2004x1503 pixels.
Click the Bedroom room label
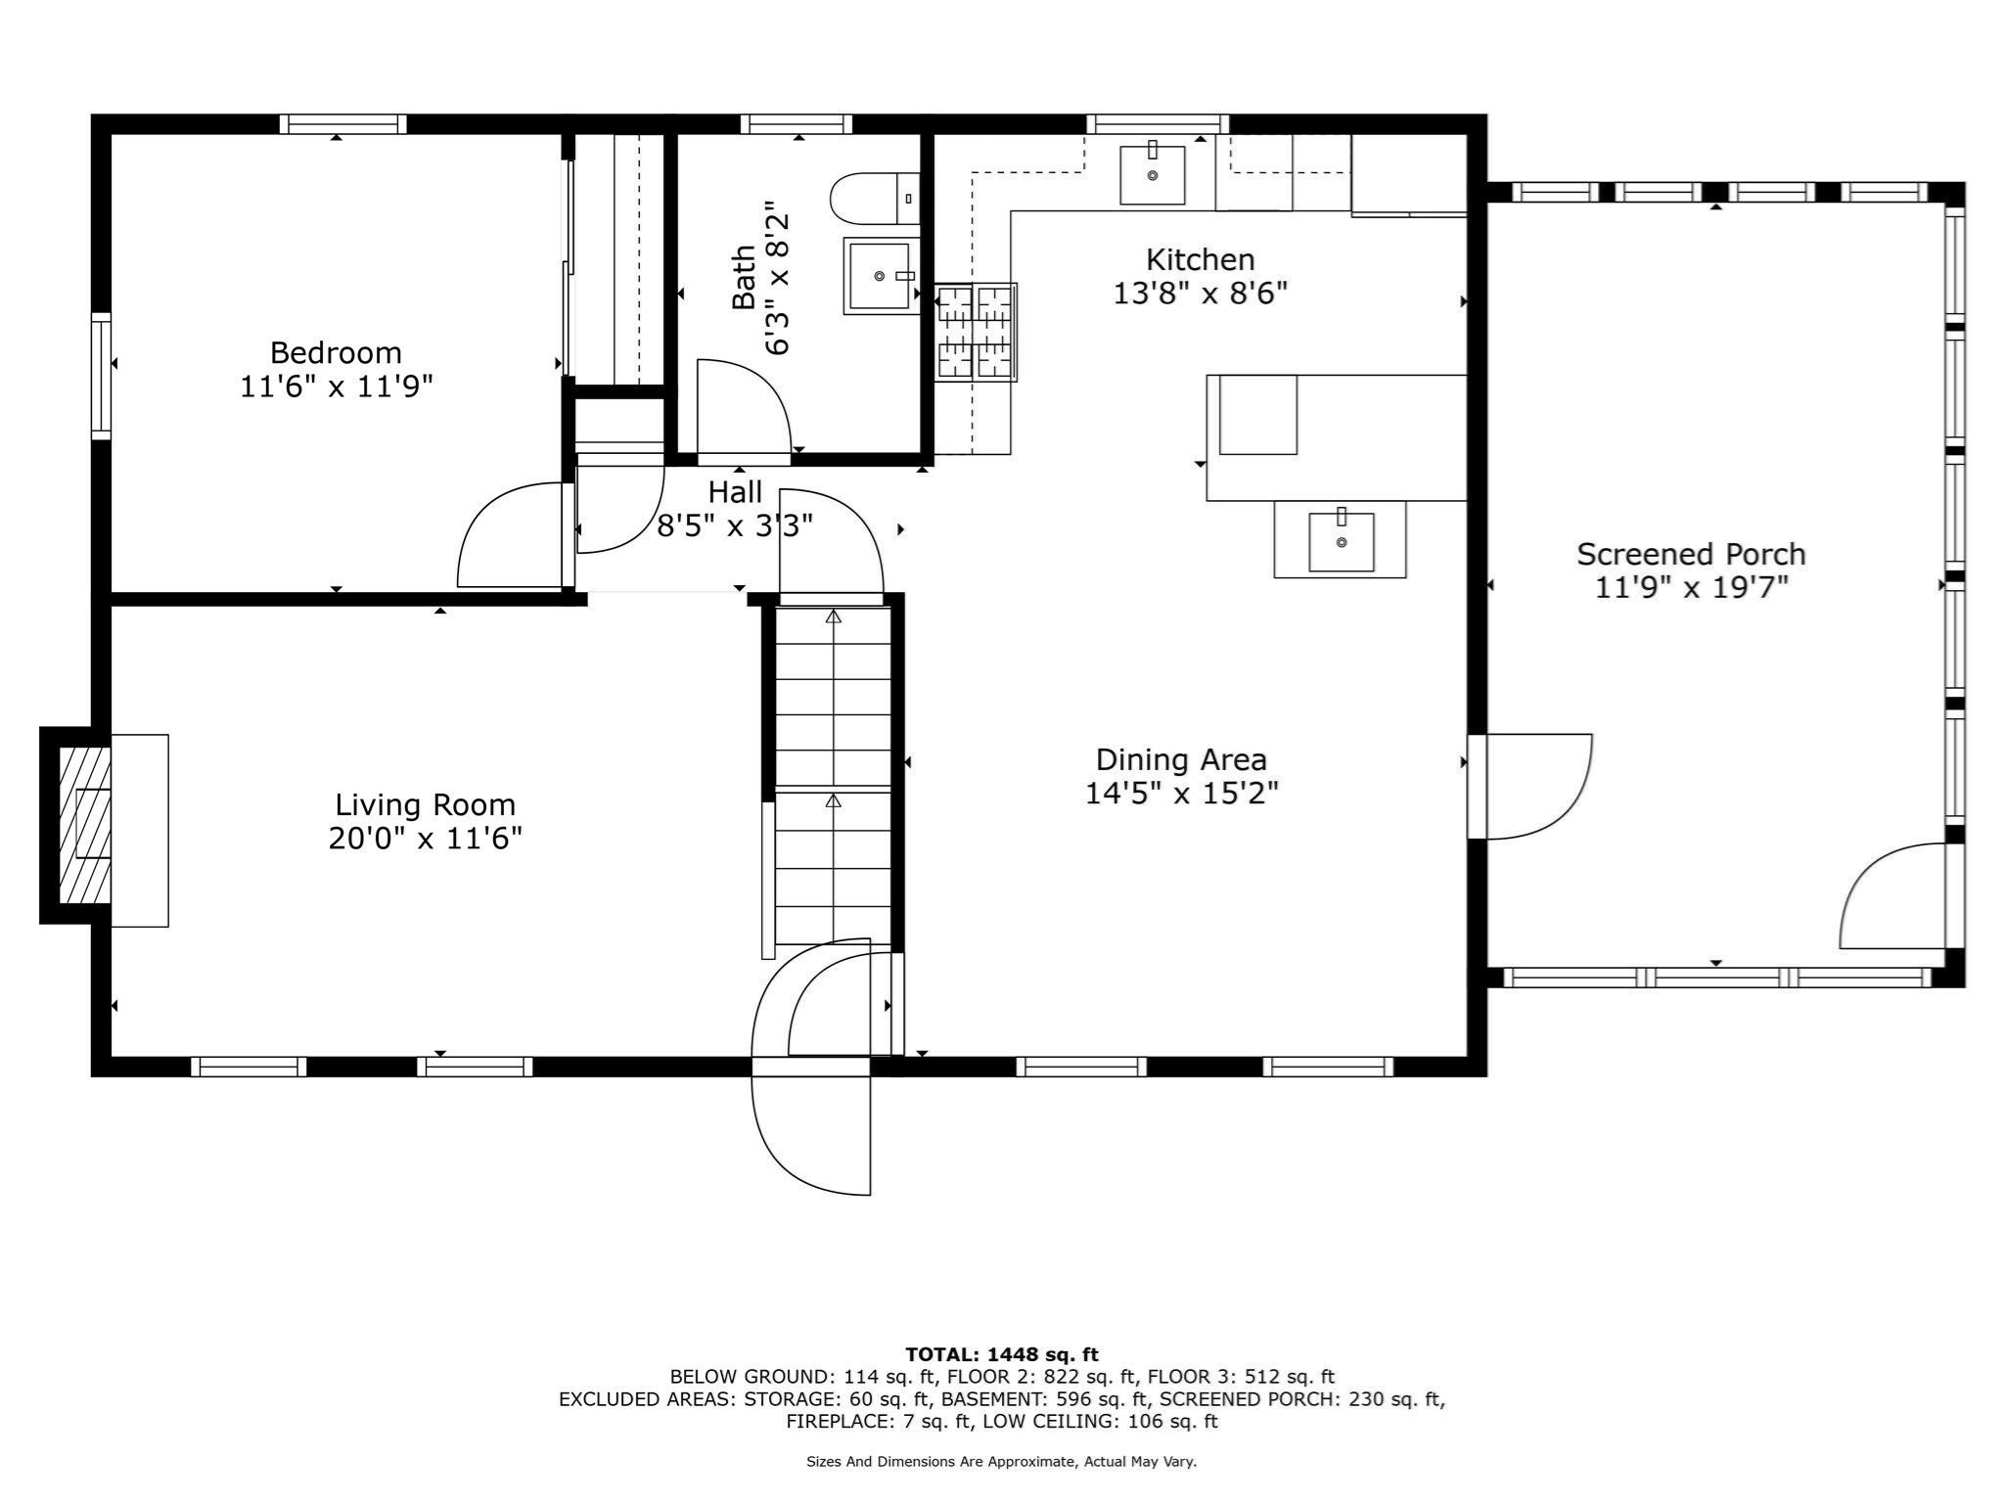(336, 352)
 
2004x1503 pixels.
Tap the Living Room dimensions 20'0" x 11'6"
(425, 839)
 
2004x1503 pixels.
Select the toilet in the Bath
(874, 199)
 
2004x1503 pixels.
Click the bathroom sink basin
(879, 276)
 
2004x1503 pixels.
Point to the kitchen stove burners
(976, 332)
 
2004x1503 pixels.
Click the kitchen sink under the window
(1152, 175)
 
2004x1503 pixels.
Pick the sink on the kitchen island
(1341, 542)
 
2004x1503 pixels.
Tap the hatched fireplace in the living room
(85, 826)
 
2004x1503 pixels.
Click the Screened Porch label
(1690, 554)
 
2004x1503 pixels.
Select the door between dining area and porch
(1531, 786)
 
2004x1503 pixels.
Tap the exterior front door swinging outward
(811, 1135)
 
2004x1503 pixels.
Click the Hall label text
(735, 491)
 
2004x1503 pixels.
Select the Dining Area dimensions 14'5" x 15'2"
(1181, 793)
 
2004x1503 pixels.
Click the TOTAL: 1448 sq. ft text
(1001, 1354)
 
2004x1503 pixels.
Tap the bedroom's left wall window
(101, 375)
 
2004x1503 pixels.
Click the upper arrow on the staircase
(833, 617)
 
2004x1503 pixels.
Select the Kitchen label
(1200, 259)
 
